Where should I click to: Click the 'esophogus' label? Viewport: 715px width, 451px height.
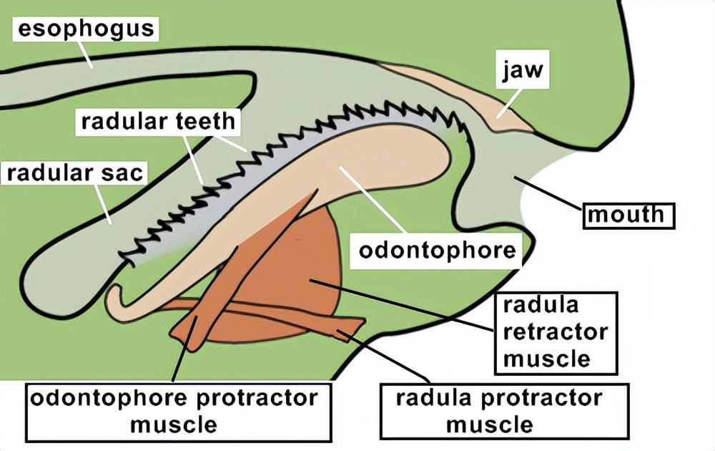pos(86,29)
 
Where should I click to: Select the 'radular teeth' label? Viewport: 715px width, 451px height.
pos(157,121)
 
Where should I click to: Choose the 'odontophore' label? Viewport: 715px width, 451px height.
pos(437,251)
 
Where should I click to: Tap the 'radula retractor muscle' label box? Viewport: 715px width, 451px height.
pos(555,332)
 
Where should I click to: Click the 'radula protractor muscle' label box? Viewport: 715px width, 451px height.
pos(504,411)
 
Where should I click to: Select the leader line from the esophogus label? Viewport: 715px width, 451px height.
pos(86,54)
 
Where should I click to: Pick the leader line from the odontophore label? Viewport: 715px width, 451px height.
pos(372,200)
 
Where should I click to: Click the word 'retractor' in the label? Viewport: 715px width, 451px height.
pos(555,332)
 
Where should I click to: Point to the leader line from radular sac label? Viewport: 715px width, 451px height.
pos(104,204)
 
